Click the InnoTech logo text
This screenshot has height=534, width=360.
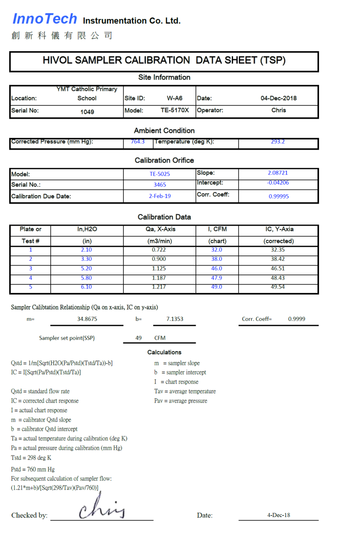(x=44, y=19)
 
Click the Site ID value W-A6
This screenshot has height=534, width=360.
(x=174, y=98)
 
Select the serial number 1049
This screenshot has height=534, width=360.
(x=87, y=112)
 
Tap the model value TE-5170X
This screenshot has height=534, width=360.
(x=174, y=110)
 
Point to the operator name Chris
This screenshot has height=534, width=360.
(x=278, y=110)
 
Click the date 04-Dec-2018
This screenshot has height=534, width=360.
(x=278, y=98)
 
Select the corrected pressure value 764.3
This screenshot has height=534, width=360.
(x=138, y=142)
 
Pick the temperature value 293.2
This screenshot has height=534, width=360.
(x=278, y=142)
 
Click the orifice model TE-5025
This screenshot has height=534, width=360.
(x=160, y=174)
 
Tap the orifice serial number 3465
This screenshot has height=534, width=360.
(x=160, y=185)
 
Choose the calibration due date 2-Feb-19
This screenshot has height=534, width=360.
(x=160, y=196)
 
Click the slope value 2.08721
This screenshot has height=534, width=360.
(x=278, y=173)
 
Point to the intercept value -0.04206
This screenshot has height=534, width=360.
(x=278, y=183)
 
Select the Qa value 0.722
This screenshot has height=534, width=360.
(x=159, y=250)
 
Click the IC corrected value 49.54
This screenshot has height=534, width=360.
(x=278, y=287)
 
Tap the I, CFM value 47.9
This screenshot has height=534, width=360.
(x=216, y=278)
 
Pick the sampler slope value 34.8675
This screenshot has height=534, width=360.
(x=87, y=319)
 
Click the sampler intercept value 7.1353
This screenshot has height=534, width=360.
(x=175, y=319)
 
